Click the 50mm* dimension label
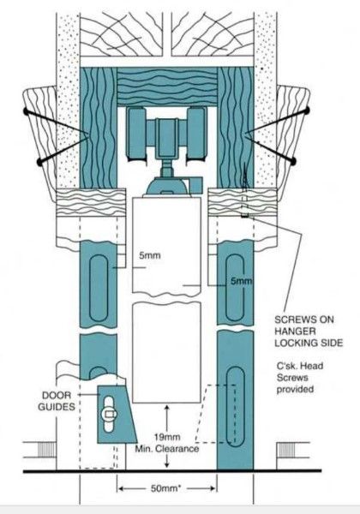[x=165, y=488]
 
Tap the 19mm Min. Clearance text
[x=167, y=443]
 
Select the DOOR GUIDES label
[x=57, y=401]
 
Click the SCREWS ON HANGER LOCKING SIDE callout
[x=309, y=331]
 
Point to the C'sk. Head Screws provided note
[x=300, y=377]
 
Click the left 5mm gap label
[x=149, y=255]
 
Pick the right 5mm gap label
[x=242, y=281]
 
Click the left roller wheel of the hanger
[x=137, y=134]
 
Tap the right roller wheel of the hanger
[x=196, y=134]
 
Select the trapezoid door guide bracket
[x=116, y=414]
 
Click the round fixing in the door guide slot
[x=109, y=415]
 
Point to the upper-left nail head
[x=26, y=111]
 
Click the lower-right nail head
[x=293, y=161]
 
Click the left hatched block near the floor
[x=45, y=450]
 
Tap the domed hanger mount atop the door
[x=167, y=187]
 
